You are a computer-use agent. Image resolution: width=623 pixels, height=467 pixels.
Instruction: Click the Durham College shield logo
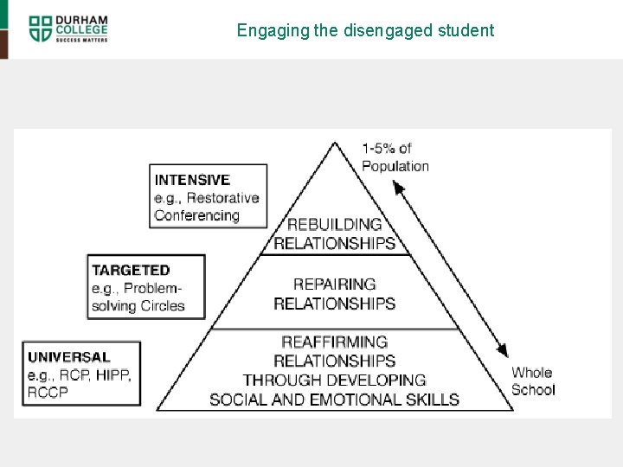pos(40,28)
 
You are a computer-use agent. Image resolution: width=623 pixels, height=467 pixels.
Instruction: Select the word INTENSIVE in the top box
pos(192,180)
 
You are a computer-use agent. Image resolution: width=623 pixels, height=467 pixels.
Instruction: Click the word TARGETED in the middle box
pos(131,270)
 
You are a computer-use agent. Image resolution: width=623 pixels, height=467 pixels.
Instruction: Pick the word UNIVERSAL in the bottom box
pos(69,356)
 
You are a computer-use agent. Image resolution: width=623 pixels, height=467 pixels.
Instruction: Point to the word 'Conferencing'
pos(196,215)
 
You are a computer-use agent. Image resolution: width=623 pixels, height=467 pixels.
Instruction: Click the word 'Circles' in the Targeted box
pos(163,305)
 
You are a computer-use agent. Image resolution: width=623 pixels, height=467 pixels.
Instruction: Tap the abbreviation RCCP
pos(48,392)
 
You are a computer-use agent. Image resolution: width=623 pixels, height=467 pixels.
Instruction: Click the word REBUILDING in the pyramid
pos(334,225)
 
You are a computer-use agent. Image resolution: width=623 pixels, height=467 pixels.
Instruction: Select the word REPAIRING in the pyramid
pos(334,284)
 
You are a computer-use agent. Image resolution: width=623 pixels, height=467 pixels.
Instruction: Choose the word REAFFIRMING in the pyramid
pos(334,342)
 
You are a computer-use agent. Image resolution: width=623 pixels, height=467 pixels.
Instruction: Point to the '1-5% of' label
pos(387,149)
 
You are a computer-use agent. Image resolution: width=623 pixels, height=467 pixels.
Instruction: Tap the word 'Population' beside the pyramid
pos(395,166)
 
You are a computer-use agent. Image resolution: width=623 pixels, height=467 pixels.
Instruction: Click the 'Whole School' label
pos(533,381)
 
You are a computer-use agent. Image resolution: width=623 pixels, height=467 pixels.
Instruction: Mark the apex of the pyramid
pos(334,144)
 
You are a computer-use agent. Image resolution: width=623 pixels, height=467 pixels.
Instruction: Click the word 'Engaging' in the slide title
pos(263,31)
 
